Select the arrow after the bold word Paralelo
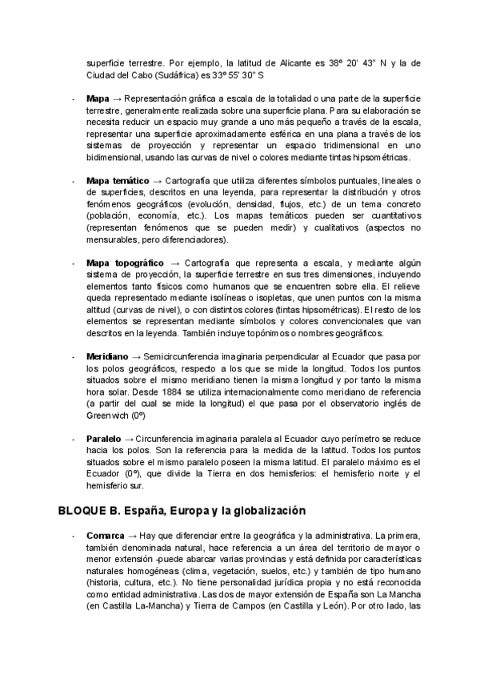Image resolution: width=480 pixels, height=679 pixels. [130, 440]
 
